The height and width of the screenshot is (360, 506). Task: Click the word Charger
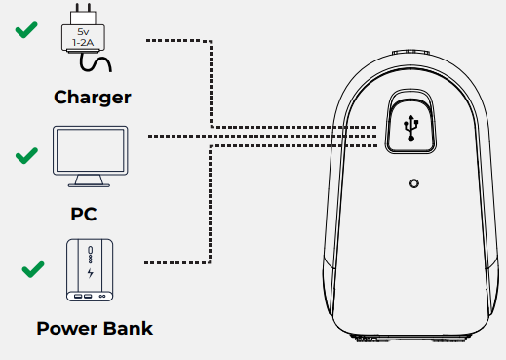pyautogui.click(x=92, y=97)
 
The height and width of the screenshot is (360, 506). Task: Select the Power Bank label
pyautogui.click(x=94, y=328)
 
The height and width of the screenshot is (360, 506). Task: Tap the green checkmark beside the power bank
pyautogui.click(x=34, y=267)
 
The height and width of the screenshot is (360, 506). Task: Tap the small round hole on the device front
pyautogui.click(x=413, y=183)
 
